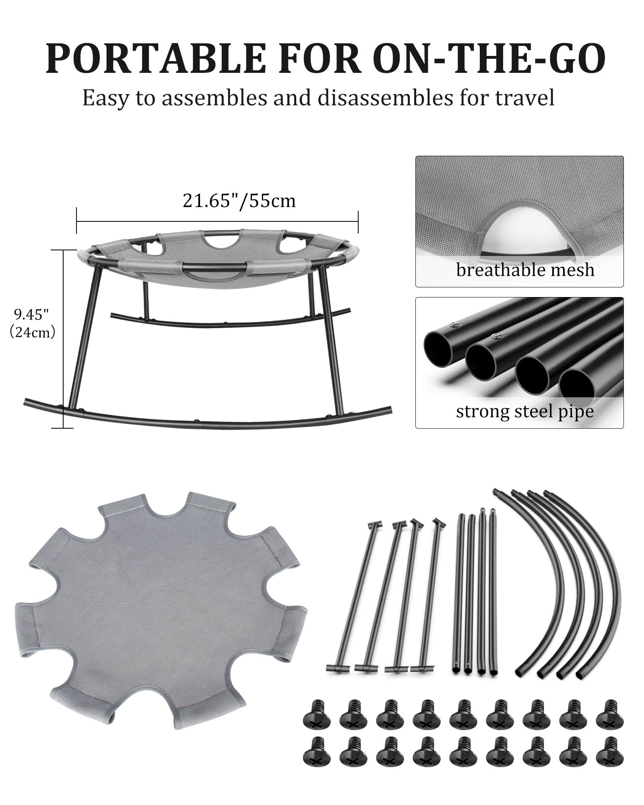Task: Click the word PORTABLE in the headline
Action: point(155,58)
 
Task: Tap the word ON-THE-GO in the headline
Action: point(491,58)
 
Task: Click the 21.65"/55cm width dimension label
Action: point(239,200)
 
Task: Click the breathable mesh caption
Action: point(525,270)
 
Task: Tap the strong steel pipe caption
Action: point(524,411)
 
